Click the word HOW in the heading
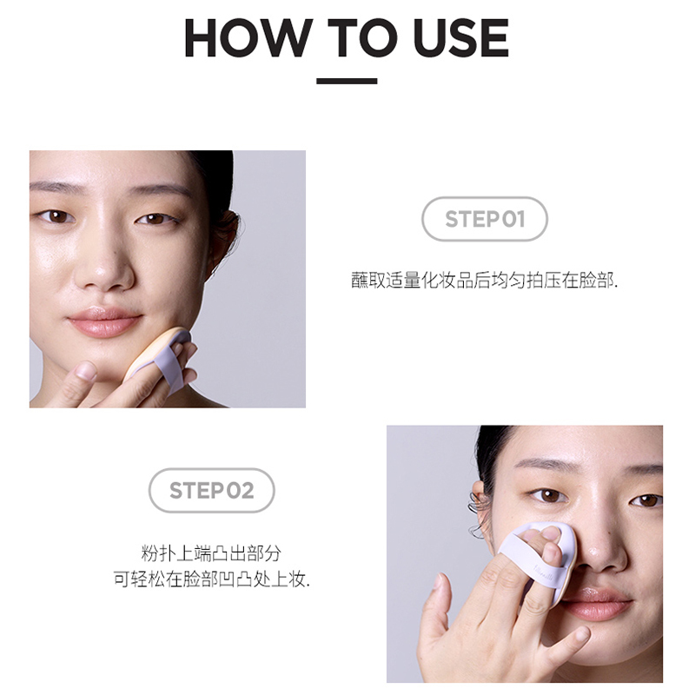[x=247, y=38]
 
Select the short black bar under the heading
[x=347, y=82]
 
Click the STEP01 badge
[x=485, y=219]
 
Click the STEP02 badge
[x=211, y=491]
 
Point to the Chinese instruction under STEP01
[x=484, y=281]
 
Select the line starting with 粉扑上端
[x=211, y=553]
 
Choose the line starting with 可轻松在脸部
[x=211, y=579]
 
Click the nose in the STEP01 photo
[x=103, y=274]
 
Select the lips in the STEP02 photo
[x=597, y=604]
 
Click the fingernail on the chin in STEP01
[x=85, y=371]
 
